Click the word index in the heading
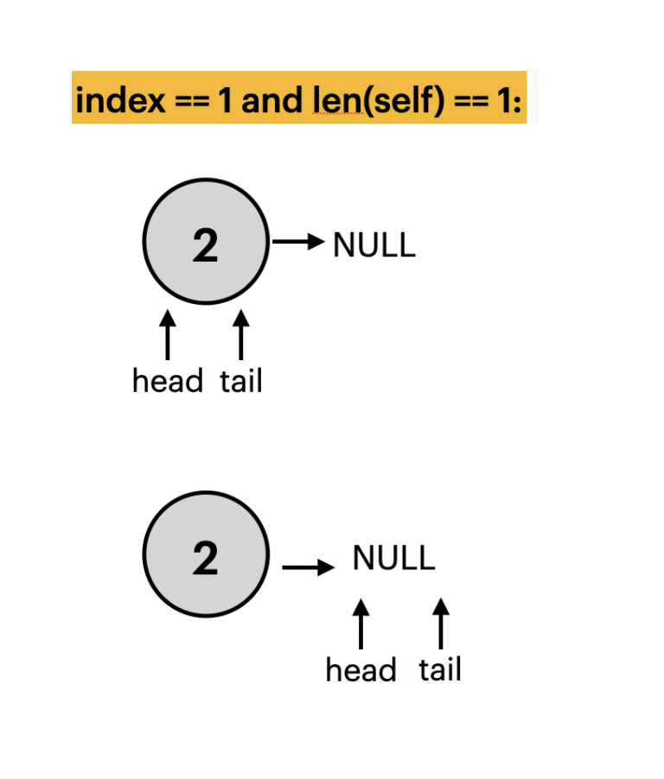(x=119, y=101)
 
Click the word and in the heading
(x=271, y=101)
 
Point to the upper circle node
(x=206, y=242)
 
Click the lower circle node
(x=206, y=554)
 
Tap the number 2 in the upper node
(x=206, y=246)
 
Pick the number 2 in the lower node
(x=206, y=559)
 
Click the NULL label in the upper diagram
(x=374, y=246)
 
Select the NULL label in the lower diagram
(x=393, y=559)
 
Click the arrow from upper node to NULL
(x=297, y=241)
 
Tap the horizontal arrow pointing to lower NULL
(x=308, y=567)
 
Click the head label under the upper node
(x=168, y=381)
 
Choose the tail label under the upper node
(x=241, y=381)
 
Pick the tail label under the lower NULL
(x=440, y=670)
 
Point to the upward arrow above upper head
(x=168, y=335)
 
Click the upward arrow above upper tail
(x=241, y=335)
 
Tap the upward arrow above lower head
(x=361, y=624)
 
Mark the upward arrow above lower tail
(x=441, y=624)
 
